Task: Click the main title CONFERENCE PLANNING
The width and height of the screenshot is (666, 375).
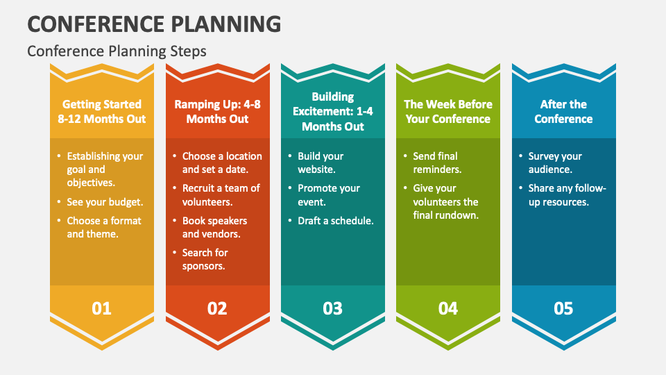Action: [154, 24]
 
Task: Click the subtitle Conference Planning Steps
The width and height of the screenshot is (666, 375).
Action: [117, 51]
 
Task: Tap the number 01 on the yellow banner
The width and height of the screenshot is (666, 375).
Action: [101, 308]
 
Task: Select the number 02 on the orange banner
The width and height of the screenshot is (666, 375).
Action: [217, 308]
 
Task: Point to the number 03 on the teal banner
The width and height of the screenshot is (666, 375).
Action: [332, 308]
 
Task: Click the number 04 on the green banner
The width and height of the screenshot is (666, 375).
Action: [448, 308]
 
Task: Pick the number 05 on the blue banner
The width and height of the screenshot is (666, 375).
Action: [563, 308]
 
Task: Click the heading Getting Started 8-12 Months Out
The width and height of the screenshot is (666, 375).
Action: [102, 111]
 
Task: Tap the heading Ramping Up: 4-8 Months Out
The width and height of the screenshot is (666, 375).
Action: [217, 111]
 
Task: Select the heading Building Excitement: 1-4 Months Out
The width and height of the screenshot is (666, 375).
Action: [333, 111]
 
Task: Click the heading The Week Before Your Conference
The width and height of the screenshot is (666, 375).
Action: [448, 111]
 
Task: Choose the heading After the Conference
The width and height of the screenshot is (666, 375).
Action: [563, 111]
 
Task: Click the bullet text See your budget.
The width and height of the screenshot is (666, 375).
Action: [105, 202]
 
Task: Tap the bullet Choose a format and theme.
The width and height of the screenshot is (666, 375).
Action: [104, 227]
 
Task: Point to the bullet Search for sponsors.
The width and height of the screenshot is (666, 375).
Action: [205, 259]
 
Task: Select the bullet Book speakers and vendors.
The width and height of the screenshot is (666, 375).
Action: [214, 227]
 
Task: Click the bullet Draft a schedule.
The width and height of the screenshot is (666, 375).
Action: [336, 221]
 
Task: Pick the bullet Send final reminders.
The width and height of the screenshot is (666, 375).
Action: [437, 162]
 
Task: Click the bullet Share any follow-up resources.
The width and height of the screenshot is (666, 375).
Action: [567, 194]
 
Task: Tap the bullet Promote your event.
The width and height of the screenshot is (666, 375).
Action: [329, 194]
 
